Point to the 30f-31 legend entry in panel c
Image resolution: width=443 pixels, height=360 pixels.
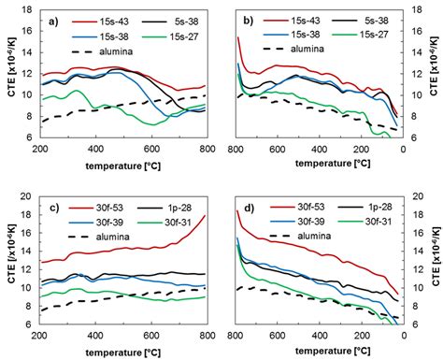point(176,212)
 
